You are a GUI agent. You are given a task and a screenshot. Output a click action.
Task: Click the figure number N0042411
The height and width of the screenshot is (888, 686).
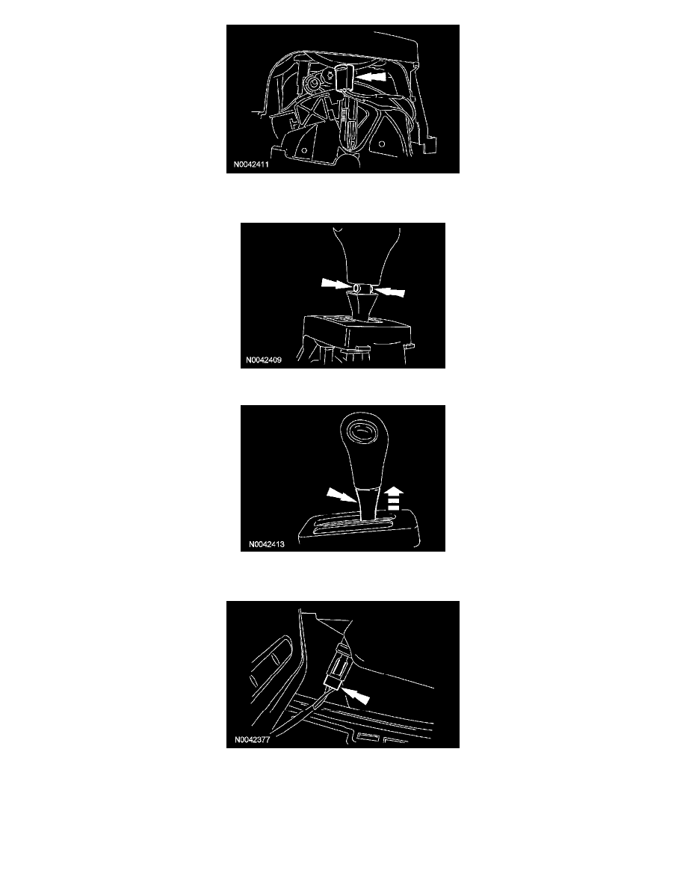pyautogui.click(x=251, y=164)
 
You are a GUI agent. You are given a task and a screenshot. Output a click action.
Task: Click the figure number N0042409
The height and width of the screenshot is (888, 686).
pyautogui.click(x=264, y=360)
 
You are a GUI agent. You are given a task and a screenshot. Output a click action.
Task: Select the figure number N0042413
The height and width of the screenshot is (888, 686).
pyautogui.click(x=267, y=544)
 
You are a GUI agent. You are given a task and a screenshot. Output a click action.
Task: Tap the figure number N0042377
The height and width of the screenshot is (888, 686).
pyautogui.click(x=252, y=739)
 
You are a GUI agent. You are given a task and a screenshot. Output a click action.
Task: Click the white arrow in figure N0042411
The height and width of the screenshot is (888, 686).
pyautogui.click(x=371, y=77)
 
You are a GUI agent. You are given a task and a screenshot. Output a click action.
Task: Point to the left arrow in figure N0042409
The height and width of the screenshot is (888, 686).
pyautogui.click(x=336, y=283)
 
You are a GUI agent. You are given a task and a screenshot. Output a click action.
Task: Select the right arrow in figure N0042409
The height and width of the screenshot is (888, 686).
pyautogui.click(x=390, y=292)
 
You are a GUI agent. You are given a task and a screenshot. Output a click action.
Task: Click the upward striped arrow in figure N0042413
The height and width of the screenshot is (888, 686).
pyautogui.click(x=395, y=499)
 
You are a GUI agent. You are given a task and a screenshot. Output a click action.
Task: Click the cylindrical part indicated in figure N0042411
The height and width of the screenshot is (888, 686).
pyautogui.click(x=344, y=77)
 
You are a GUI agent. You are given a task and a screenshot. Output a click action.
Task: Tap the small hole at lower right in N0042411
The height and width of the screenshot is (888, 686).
pyautogui.click(x=382, y=144)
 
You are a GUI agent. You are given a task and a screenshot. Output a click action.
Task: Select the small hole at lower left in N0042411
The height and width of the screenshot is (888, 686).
pyautogui.click(x=304, y=151)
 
